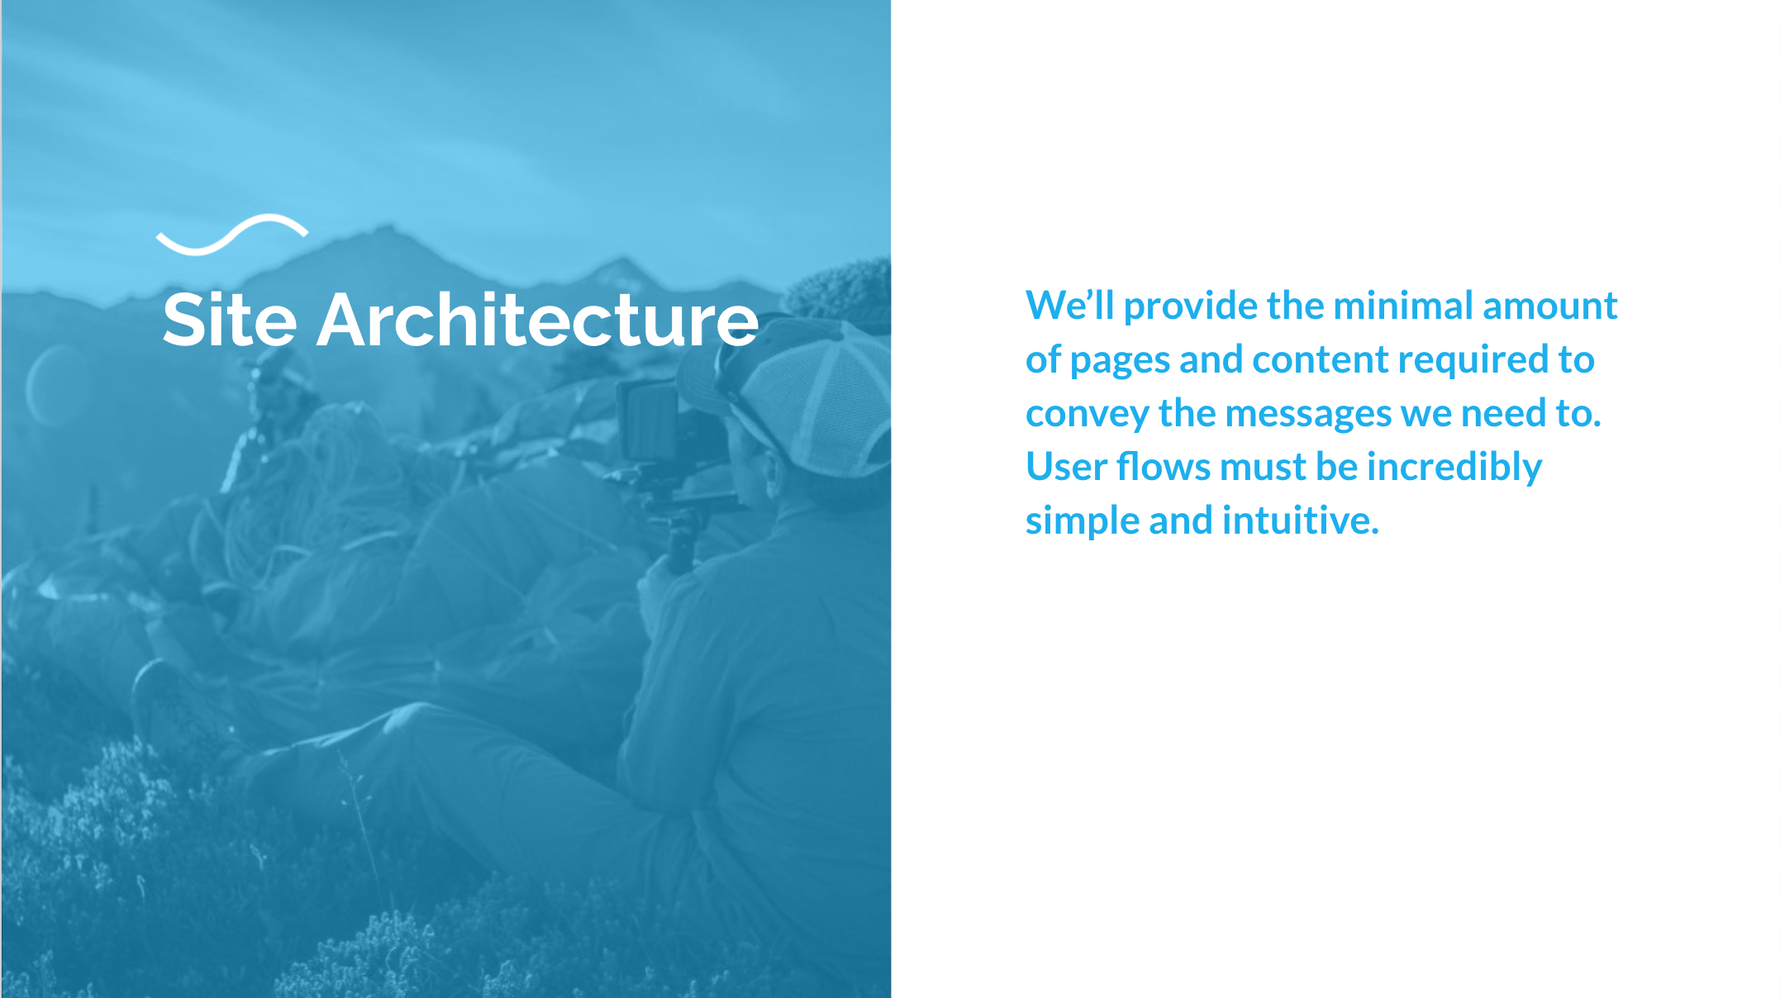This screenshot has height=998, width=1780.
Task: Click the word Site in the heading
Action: tap(230, 320)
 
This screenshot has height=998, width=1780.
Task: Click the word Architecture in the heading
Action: tap(537, 320)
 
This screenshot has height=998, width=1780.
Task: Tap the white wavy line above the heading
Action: tap(232, 234)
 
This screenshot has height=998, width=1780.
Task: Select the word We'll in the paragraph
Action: tap(1070, 306)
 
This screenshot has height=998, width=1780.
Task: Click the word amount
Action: tap(1550, 307)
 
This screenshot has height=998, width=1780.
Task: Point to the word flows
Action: tap(1164, 467)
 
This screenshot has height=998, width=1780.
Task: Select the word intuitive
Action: tap(1301, 520)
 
